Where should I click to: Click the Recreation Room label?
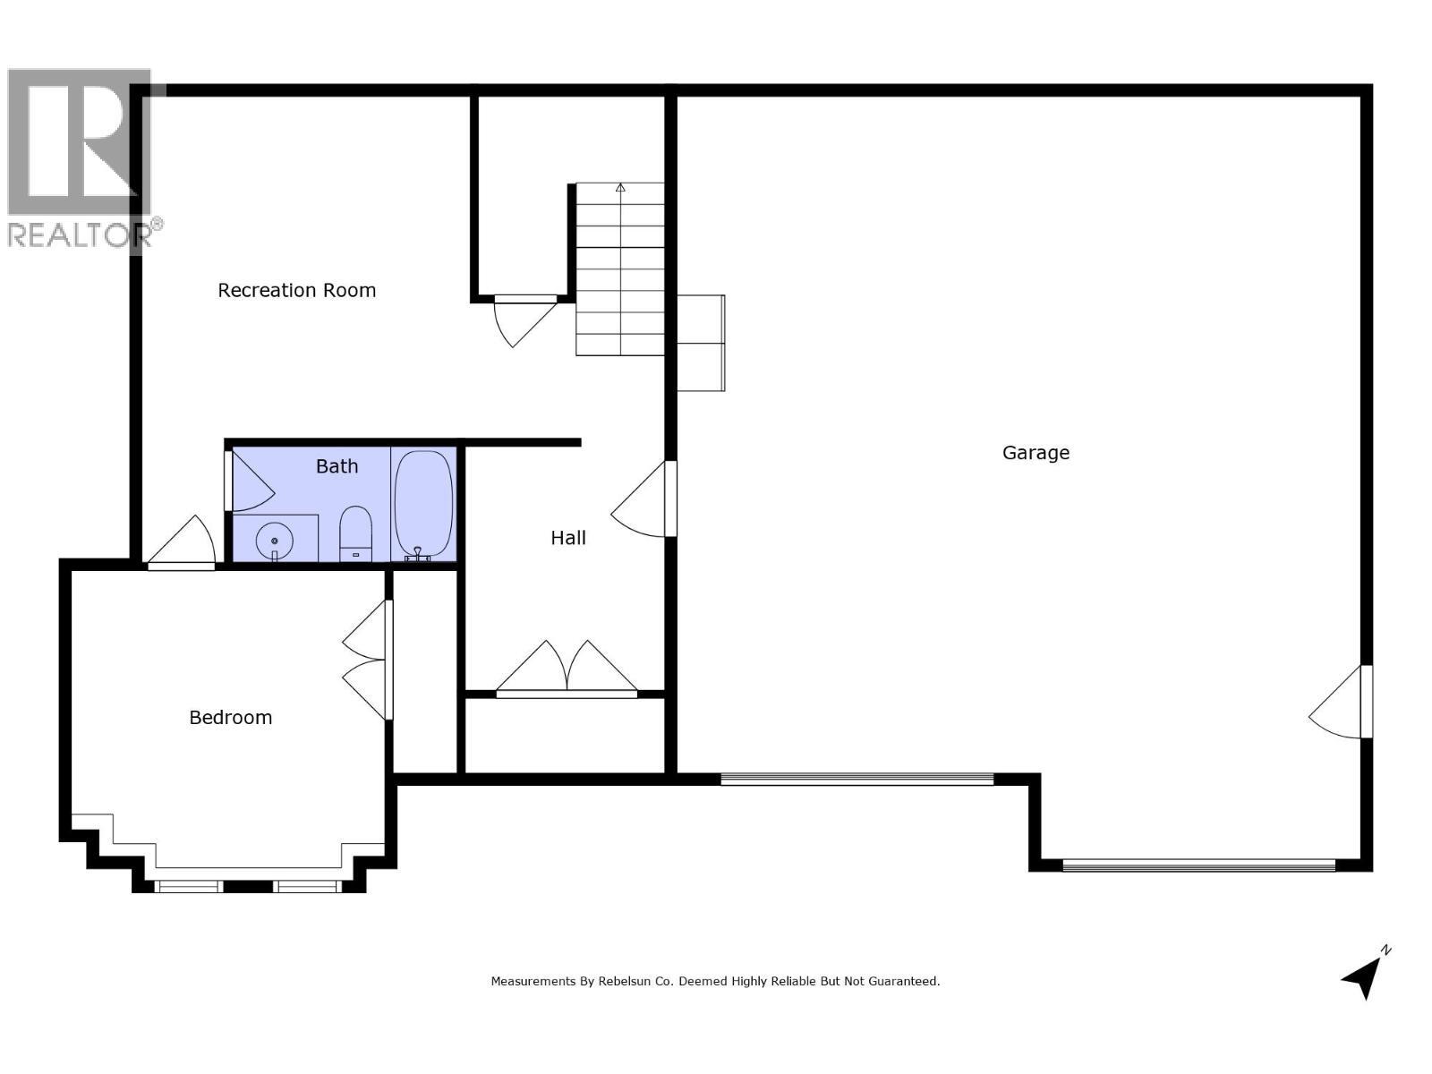coord(296,290)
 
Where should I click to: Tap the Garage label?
coord(1036,453)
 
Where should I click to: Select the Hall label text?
coord(568,538)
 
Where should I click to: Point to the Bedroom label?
coord(230,718)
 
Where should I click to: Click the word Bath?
coord(337,466)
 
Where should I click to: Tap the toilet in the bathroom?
coord(355,533)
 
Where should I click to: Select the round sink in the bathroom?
coord(274,540)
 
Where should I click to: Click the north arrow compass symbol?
coord(1364,974)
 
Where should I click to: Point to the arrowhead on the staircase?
coord(620,188)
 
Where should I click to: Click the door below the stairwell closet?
coord(524,319)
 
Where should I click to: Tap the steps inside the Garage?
coord(701,343)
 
